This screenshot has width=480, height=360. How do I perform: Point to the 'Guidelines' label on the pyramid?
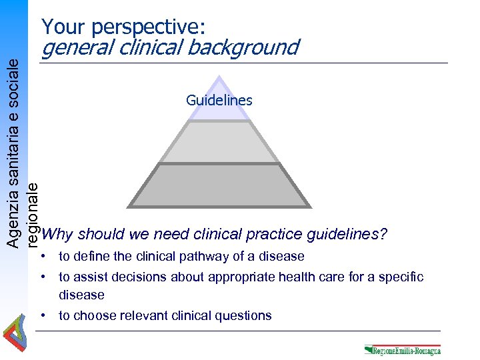[219, 101]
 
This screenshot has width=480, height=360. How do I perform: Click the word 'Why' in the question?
[57, 235]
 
